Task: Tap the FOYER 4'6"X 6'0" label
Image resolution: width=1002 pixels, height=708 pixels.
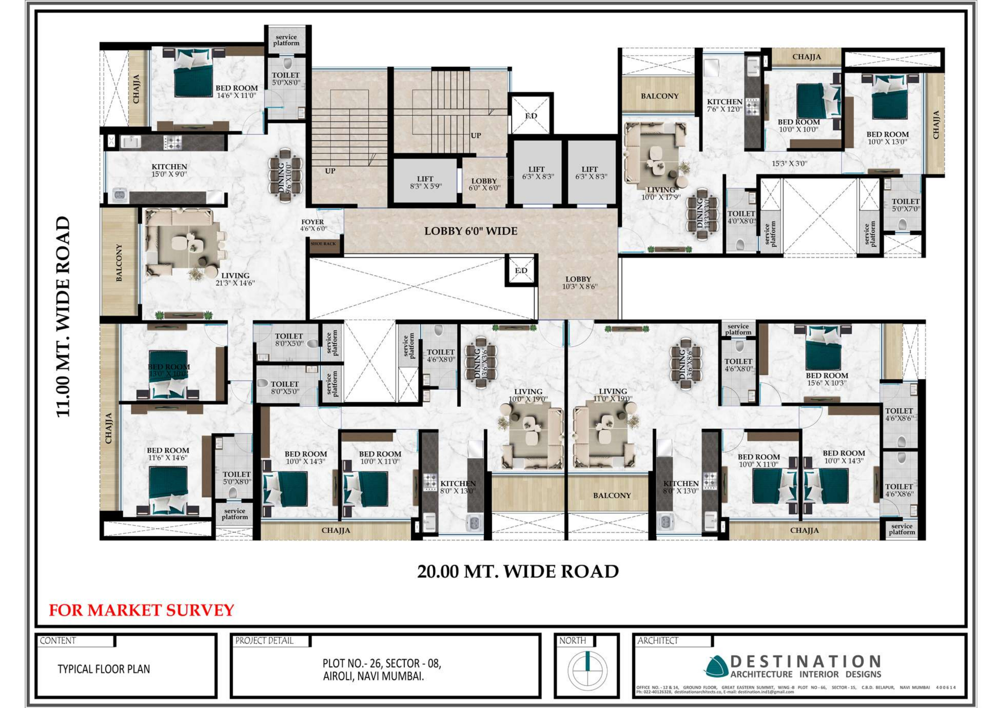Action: [313, 225]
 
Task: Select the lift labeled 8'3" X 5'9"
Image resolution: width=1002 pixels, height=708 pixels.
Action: [426, 182]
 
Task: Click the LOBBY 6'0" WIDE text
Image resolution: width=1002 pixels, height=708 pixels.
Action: [471, 231]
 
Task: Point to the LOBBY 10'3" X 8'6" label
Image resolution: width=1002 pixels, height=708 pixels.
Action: [579, 283]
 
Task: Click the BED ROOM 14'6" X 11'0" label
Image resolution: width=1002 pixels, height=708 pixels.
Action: [237, 91]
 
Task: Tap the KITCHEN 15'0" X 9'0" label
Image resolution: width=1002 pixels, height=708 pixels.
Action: [169, 170]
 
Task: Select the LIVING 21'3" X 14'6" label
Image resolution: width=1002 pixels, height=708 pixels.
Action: [235, 279]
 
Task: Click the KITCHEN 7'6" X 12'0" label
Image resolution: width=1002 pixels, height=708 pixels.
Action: [725, 105]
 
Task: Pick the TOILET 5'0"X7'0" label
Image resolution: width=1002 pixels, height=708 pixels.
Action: [906, 205]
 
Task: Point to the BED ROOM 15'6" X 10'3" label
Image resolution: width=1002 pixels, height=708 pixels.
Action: [827, 379]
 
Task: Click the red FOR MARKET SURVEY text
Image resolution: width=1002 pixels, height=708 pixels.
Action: [141, 610]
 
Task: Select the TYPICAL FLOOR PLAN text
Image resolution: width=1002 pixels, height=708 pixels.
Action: [104, 669]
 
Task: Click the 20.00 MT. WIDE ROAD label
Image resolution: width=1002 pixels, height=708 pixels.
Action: [518, 571]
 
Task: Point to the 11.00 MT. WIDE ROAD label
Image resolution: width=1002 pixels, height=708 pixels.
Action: [63, 317]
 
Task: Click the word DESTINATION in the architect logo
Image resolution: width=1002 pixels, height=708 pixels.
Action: [806, 662]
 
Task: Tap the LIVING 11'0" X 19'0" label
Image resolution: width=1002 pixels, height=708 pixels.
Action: [613, 395]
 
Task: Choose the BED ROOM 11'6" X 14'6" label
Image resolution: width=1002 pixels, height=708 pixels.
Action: [168, 454]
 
